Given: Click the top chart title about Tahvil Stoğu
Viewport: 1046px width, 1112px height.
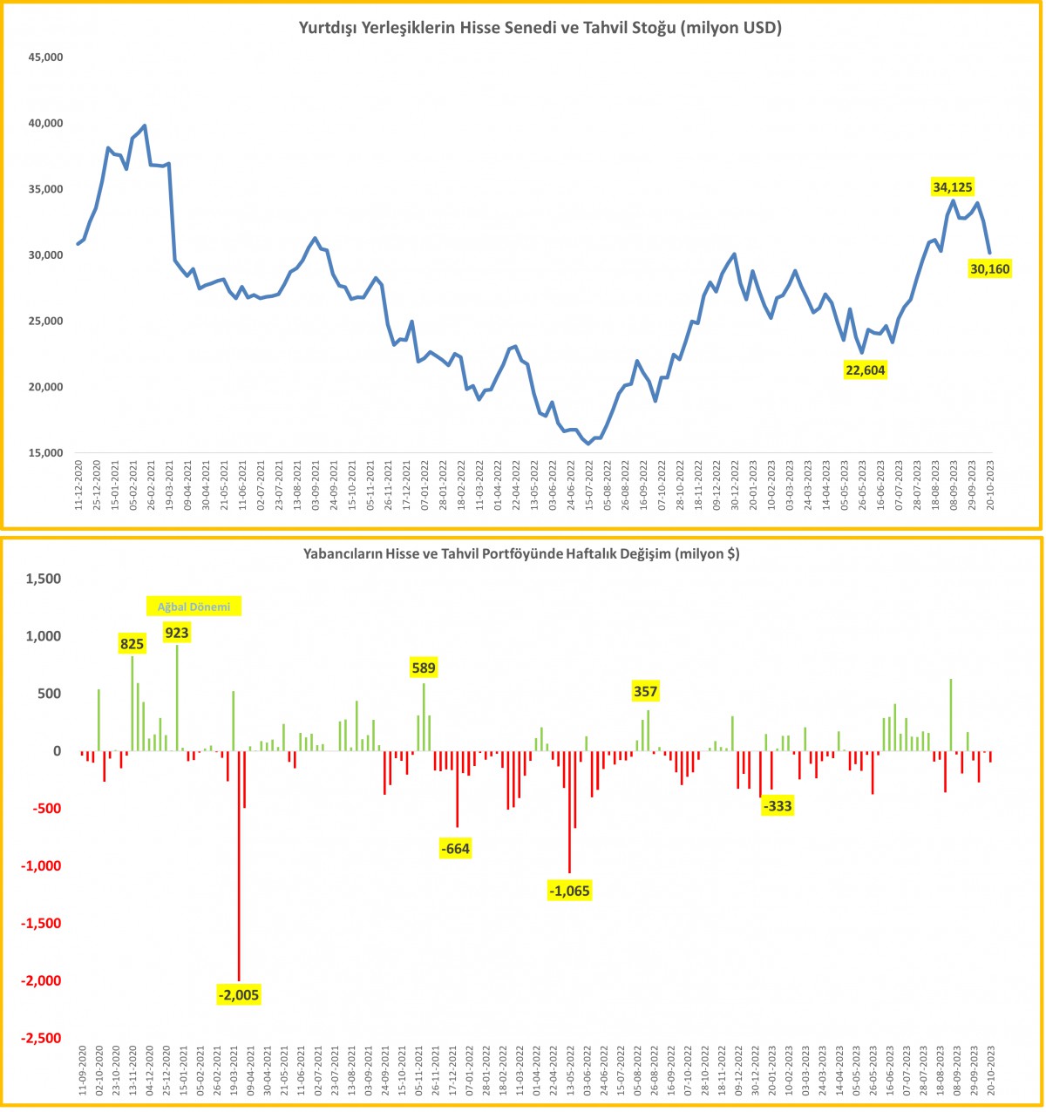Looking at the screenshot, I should (x=540, y=28).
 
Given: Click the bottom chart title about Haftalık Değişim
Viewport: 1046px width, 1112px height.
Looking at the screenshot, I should (x=521, y=553).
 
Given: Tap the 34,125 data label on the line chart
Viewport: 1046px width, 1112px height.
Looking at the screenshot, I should (x=953, y=186).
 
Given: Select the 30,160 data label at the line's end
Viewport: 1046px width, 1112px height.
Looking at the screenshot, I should (x=989, y=269).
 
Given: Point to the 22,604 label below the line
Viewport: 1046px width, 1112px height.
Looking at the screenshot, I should (x=866, y=370).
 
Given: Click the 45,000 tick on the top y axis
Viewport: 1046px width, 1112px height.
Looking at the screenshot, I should (x=46, y=58).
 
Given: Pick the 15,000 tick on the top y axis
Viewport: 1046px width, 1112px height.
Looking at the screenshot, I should (x=46, y=453).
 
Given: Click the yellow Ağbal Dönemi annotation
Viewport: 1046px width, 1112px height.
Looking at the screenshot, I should (x=194, y=607).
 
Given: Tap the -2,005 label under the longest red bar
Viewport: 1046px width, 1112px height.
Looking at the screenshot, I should (x=239, y=994).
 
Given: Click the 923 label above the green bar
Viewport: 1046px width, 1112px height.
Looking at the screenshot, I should (x=177, y=633).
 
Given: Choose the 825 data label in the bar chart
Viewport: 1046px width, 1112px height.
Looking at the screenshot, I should (x=132, y=644).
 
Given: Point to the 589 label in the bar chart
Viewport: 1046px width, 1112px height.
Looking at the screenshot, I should (x=424, y=668).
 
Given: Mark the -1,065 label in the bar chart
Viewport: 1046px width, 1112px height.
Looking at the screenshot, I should (x=570, y=890).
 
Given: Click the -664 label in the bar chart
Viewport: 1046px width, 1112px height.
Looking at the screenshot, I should (x=456, y=849).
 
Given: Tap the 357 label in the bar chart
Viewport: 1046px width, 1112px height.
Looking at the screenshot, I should (x=646, y=692).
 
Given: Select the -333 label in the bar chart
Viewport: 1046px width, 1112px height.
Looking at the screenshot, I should (x=777, y=806).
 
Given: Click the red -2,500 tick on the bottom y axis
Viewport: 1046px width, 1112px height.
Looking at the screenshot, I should (x=41, y=1039).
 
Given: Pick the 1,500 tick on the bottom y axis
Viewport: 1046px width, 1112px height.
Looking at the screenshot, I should (x=43, y=580).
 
